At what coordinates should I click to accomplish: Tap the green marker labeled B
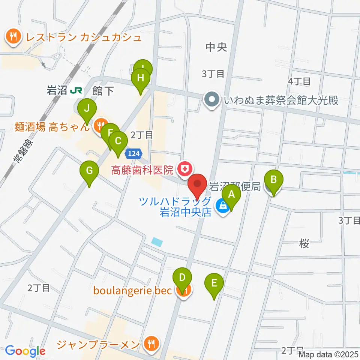[x=274, y=179]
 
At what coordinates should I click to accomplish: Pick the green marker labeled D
[x=182, y=278]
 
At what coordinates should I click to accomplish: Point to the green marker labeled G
[x=89, y=171]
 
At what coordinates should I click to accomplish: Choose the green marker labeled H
[x=141, y=78]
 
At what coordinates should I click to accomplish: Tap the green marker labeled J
[x=87, y=108]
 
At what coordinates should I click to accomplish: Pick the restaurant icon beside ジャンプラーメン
[x=152, y=343]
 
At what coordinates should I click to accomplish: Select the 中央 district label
[x=217, y=47]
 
